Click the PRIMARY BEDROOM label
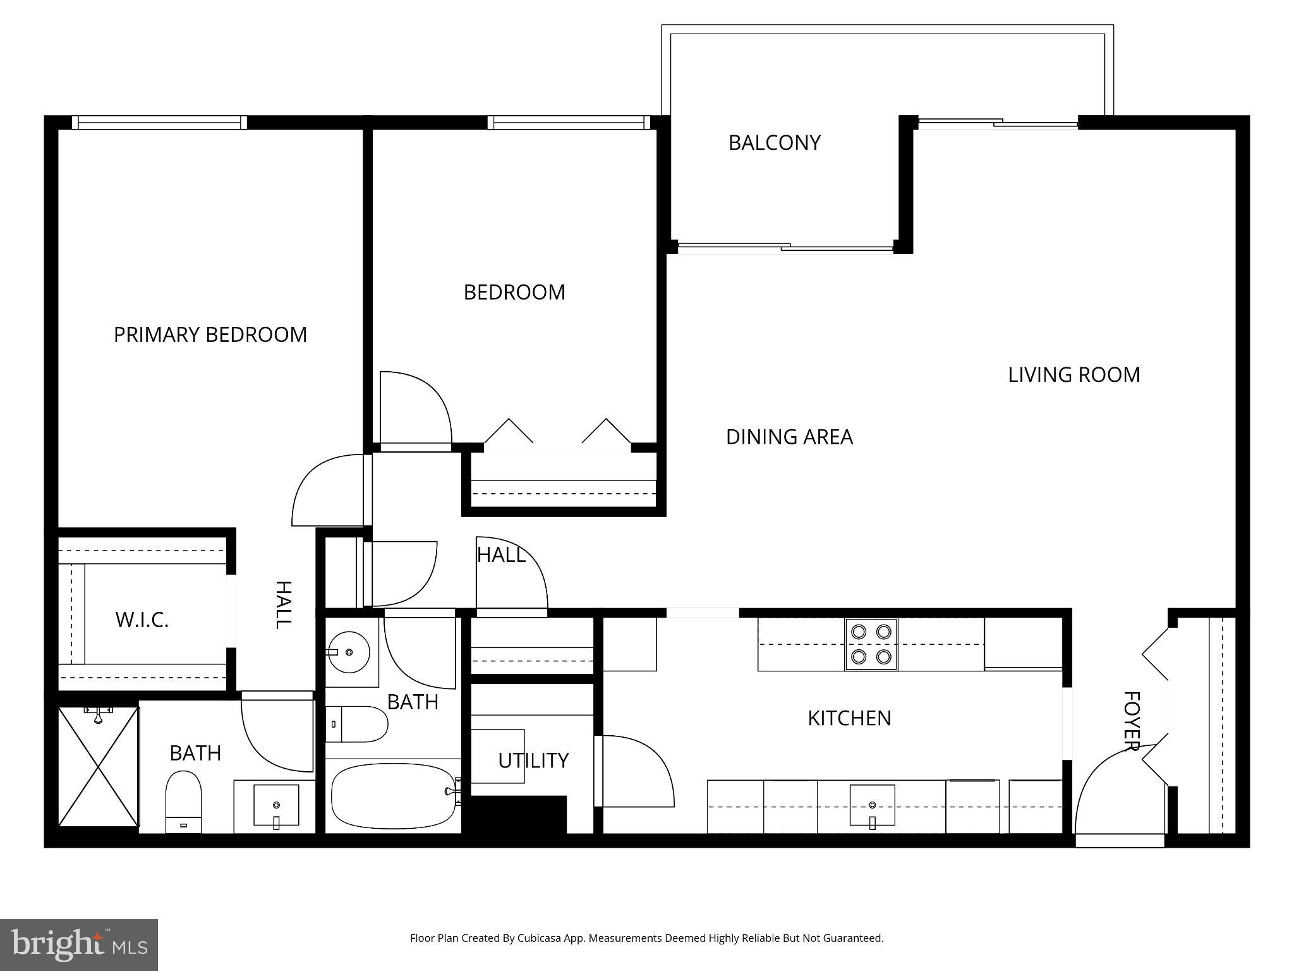coord(210,334)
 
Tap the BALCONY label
coord(774,143)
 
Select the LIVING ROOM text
coord(1073,375)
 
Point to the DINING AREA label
coord(789,437)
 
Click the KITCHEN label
coord(849,718)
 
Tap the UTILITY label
coord(533,760)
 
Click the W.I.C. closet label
coord(142,620)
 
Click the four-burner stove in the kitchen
coord(871,644)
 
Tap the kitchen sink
coord(872,805)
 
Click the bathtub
coord(393,796)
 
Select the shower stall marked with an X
coord(98,766)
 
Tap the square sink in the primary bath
coord(276,805)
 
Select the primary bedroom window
coord(159,123)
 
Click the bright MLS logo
coord(79,944)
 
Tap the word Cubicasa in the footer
coord(541,938)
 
